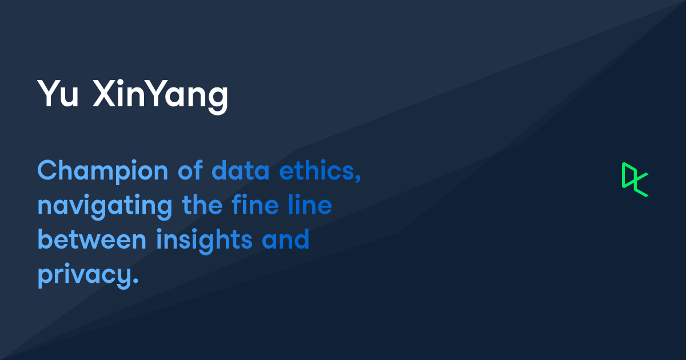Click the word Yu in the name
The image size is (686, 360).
coord(57,95)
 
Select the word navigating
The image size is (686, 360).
coord(105,206)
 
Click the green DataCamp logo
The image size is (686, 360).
coord(635,179)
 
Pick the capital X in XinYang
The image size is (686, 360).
coord(103,95)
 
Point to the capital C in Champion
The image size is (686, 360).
coord(47,170)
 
